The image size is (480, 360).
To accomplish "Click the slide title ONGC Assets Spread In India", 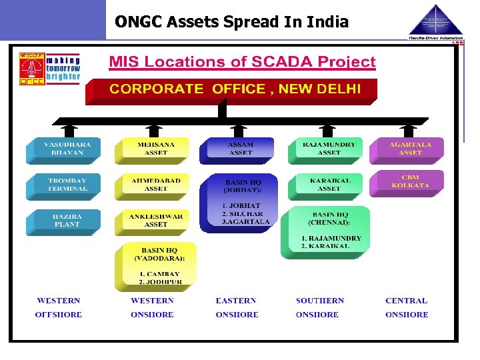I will (x=231, y=22).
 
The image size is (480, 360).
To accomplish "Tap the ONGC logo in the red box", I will (x=29, y=69).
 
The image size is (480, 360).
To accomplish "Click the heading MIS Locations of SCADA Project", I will (x=242, y=63).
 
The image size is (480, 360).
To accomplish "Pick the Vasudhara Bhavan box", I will (x=63, y=149).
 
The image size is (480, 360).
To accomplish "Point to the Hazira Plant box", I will (x=63, y=221).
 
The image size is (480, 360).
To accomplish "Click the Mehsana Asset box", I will (x=155, y=149).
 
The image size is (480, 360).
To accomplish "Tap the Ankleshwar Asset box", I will (x=155, y=221).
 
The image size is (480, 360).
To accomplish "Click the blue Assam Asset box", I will (x=240, y=149).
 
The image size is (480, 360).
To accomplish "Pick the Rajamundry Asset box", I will (x=329, y=149).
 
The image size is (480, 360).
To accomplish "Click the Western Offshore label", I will (x=59, y=308).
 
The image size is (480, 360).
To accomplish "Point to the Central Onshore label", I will (x=407, y=308).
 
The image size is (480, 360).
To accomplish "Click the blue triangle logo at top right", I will (x=436, y=20).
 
